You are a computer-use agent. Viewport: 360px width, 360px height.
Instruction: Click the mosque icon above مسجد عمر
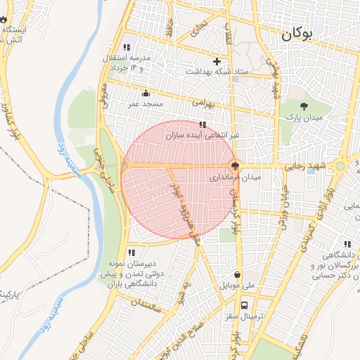pos(146,94)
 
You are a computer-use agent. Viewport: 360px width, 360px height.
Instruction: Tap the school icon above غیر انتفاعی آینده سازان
pos(202,124)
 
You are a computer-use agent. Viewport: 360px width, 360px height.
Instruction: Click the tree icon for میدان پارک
pos(304,106)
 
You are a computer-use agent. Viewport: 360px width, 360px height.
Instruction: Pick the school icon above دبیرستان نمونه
pos(131,252)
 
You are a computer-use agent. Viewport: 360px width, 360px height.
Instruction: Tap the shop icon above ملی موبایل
pos(238,275)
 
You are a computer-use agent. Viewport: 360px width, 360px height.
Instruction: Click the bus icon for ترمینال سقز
pos(244,305)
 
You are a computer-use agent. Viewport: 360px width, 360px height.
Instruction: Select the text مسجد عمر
pos(146,104)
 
